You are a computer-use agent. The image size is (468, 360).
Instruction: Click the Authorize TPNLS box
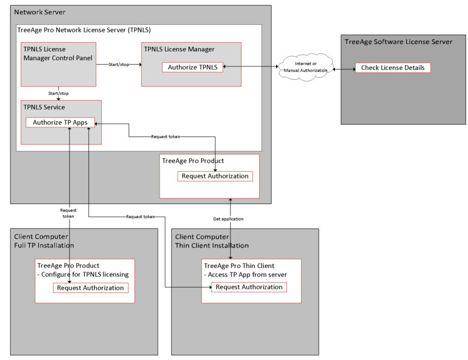[193, 67]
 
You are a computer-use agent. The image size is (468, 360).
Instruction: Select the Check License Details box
[392, 68]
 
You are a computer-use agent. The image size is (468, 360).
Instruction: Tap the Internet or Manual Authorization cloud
[305, 67]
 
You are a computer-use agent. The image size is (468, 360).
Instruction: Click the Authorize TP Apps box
[60, 122]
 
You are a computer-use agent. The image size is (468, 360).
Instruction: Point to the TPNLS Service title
[44, 107]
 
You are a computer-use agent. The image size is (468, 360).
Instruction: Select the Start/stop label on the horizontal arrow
[118, 64]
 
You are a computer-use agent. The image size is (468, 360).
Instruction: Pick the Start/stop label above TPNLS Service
[58, 93]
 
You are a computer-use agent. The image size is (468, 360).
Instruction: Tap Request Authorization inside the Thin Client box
[248, 287]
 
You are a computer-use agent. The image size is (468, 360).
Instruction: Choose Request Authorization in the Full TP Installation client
[91, 288]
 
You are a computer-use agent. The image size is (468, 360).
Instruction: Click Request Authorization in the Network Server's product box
[214, 176]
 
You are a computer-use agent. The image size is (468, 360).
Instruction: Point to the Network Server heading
[40, 12]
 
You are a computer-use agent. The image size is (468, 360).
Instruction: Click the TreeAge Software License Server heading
[398, 42]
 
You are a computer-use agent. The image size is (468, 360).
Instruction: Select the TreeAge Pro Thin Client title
[239, 266]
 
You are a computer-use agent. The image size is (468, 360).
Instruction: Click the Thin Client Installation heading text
[212, 245]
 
